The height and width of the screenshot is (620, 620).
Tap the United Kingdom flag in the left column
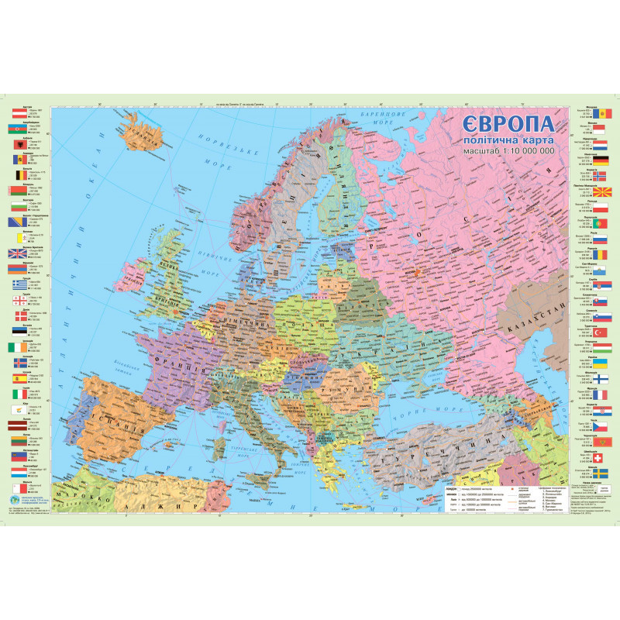tap(18, 253)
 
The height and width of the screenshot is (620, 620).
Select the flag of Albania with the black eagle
tap(18, 143)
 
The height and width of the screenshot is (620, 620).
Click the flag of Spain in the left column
tap(18, 380)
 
